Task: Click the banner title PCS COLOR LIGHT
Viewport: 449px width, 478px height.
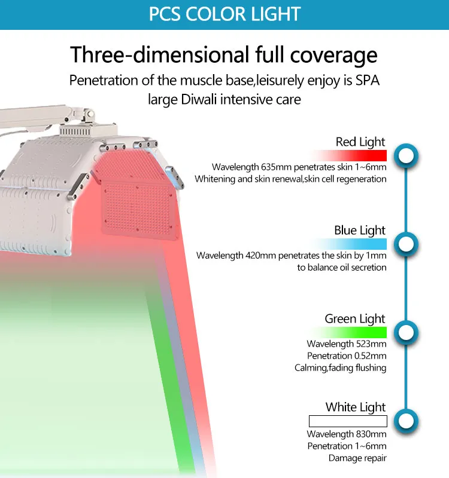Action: (x=225, y=14)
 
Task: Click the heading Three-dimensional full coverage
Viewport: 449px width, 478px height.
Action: (x=223, y=55)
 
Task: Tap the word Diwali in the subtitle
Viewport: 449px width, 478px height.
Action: (x=199, y=99)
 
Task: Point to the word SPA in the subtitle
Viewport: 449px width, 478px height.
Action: (x=368, y=81)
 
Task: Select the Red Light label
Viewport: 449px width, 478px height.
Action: (x=360, y=142)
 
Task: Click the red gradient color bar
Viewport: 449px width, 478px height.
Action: (x=348, y=155)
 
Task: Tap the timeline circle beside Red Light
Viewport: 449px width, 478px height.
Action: (x=406, y=156)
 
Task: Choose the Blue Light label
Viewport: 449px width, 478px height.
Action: (x=360, y=230)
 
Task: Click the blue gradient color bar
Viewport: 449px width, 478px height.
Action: (x=349, y=244)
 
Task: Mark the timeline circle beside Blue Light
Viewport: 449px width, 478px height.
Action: (x=406, y=244)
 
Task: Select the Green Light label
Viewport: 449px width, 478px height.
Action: (x=355, y=319)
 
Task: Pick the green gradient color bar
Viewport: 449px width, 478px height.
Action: (x=348, y=332)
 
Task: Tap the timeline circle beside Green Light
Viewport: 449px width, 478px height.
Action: (x=406, y=333)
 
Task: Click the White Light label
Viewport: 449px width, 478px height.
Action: (x=356, y=407)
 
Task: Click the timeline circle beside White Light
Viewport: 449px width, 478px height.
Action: (x=406, y=421)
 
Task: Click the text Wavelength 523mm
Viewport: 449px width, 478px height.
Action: (x=347, y=344)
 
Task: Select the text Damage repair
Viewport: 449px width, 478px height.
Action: (x=357, y=458)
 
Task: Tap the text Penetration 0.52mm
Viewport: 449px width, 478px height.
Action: (x=347, y=356)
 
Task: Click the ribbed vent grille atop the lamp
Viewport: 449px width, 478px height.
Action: (x=75, y=131)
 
